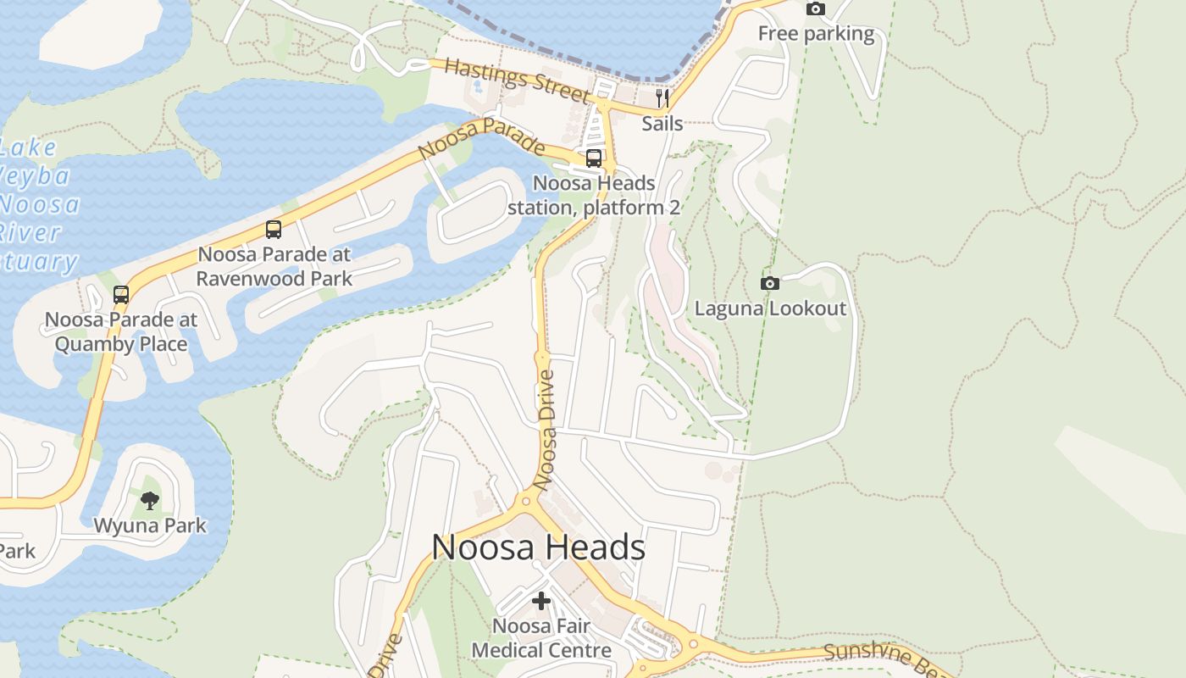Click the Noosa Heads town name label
point(539,547)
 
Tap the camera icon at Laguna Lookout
point(770,283)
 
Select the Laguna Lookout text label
point(770,308)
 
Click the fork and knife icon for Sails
point(662,98)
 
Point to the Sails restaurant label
point(662,124)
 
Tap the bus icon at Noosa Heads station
point(594,158)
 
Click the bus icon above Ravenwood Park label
point(274,229)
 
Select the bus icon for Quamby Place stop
point(121,295)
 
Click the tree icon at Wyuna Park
point(150,500)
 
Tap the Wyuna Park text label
point(150,525)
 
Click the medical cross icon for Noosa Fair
point(541,601)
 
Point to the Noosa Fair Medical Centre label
point(541,638)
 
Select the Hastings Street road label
point(516,80)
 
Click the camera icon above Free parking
point(816,8)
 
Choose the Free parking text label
point(816,34)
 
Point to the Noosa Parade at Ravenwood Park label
point(274,266)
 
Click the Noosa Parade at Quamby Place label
point(121,332)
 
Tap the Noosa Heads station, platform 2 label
point(594,195)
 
